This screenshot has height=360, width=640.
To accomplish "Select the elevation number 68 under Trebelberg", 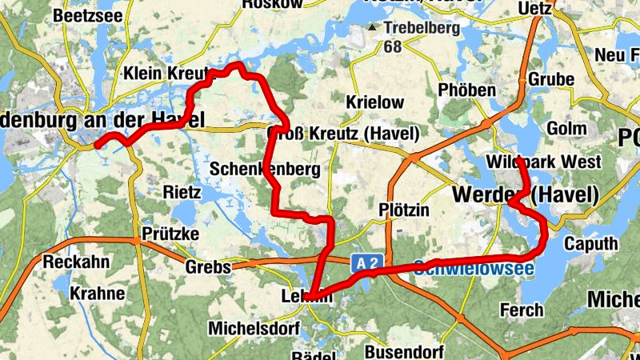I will tap(392, 47).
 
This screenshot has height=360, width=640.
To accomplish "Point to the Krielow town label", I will tap(374, 103).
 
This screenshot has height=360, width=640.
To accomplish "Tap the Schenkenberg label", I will tap(264, 170).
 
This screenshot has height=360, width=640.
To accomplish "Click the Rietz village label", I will tap(182, 192).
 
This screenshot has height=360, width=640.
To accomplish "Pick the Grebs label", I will tap(207, 267).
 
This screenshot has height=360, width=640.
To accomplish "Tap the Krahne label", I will tap(97, 294).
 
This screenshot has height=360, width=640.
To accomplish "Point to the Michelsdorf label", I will tap(254, 329).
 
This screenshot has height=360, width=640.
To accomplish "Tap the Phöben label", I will tap(467, 90).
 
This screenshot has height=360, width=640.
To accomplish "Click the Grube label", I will tap(551, 80).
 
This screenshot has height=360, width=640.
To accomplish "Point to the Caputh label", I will tap(590, 243).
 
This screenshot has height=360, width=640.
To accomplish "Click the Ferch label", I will tap(522, 310).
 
